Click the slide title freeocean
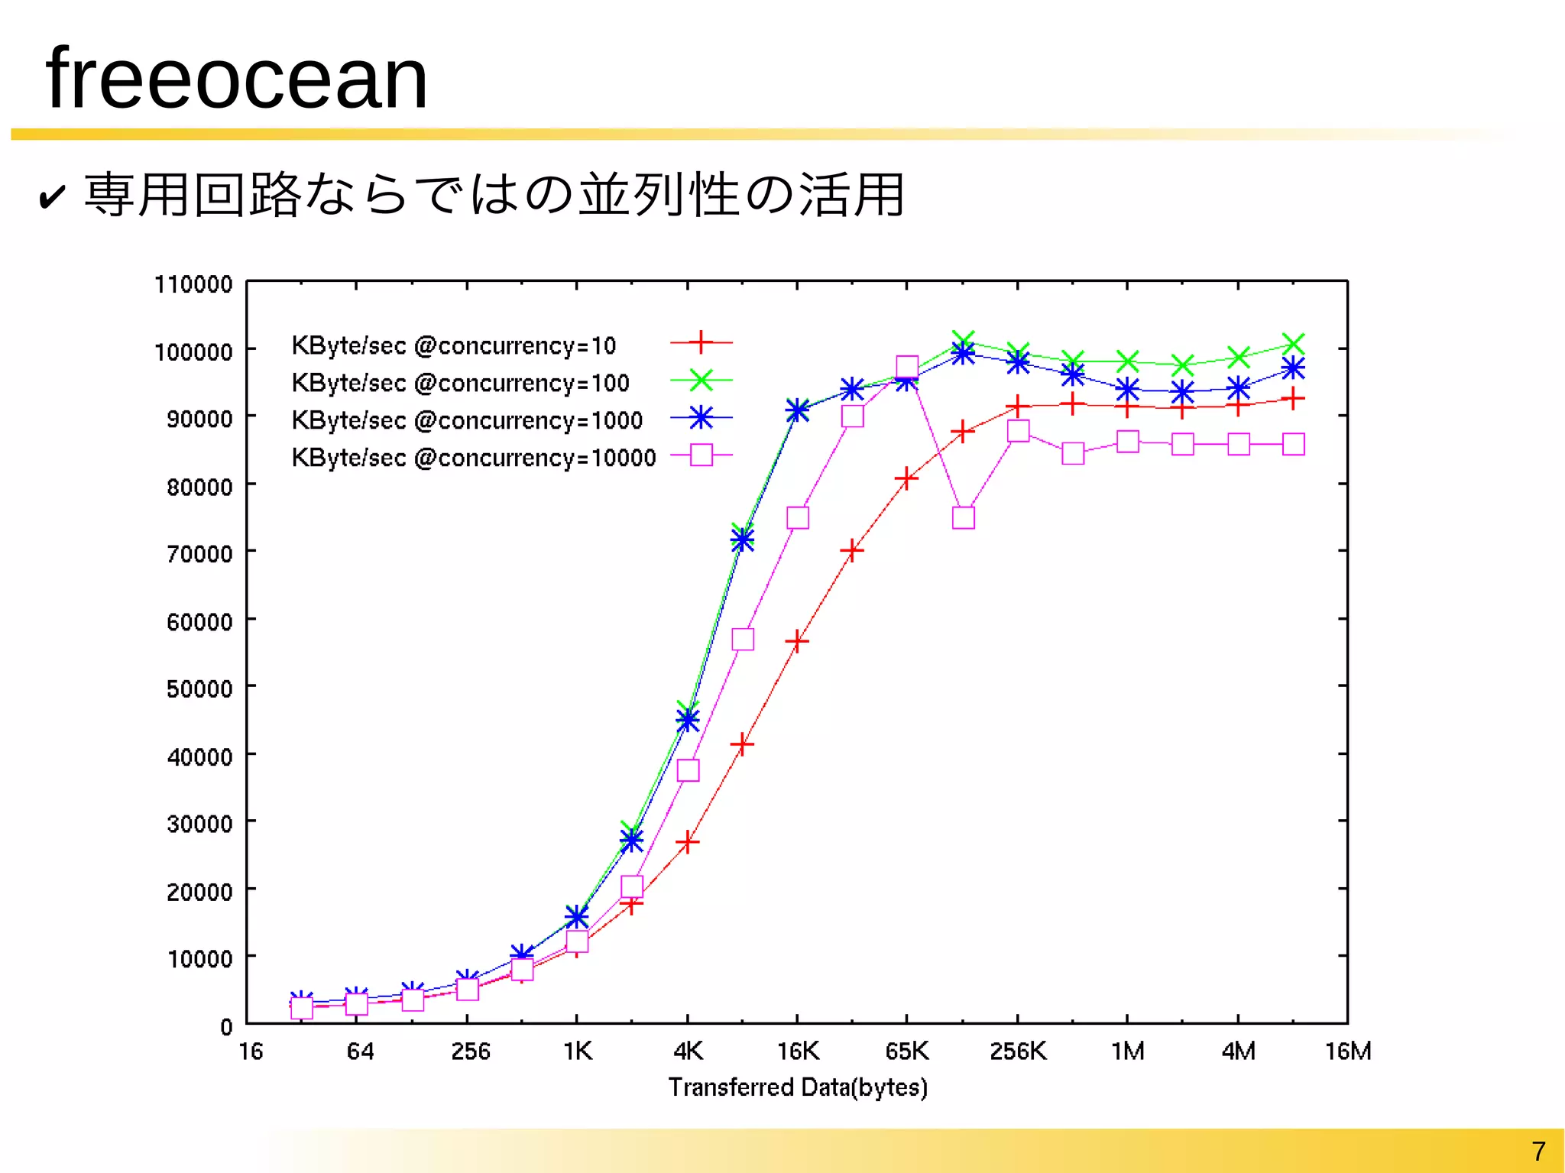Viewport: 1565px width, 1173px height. (236, 79)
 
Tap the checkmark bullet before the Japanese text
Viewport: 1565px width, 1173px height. (51, 198)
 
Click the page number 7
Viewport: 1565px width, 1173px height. (1538, 1151)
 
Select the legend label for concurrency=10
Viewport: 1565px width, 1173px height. (453, 345)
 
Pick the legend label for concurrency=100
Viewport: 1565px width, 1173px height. (460, 383)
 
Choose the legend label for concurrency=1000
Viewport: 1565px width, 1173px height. (467, 420)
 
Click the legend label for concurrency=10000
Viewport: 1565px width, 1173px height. (474, 458)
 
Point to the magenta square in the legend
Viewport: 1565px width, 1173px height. (701, 455)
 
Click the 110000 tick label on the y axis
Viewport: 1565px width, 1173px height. (193, 284)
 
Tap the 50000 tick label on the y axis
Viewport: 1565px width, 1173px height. (199, 689)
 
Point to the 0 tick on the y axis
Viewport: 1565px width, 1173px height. (226, 1026)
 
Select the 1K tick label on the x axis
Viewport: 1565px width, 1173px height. (578, 1051)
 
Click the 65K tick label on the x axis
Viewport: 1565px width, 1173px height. (907, 1051)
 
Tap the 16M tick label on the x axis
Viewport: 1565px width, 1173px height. (1348, 1051)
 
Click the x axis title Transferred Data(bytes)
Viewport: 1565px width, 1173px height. (798, 1087)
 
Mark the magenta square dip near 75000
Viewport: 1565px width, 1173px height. (964, 518)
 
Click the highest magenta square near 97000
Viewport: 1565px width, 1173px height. (907, 368)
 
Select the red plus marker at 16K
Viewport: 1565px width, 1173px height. (797, 641)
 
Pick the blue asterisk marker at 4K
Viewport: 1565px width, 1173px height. (688, 720)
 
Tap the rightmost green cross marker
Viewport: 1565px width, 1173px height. (1293, 343)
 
